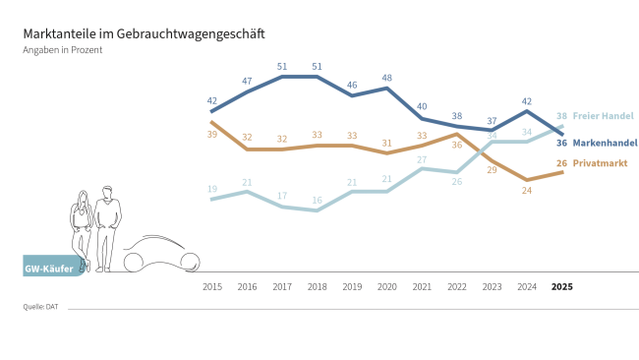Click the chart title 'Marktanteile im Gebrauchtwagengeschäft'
[144, 33]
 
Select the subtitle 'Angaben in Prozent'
[63, 49]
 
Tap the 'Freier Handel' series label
[603, 115]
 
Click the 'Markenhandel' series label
[605, 143]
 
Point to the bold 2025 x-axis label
[561, 287]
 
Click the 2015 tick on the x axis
[211, 287]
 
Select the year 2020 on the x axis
[386, 287]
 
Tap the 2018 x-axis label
[317, 287]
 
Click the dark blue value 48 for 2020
[387, 77]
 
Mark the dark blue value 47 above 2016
[247, 81]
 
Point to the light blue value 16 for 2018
[317, 200]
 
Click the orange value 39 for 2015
[211, 134]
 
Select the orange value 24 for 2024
[527, 191]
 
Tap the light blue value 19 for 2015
[211, 189]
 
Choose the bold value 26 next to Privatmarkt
[561, 162]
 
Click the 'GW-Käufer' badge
[49, 266]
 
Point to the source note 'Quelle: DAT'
[40, 307]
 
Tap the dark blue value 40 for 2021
[422, 106]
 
